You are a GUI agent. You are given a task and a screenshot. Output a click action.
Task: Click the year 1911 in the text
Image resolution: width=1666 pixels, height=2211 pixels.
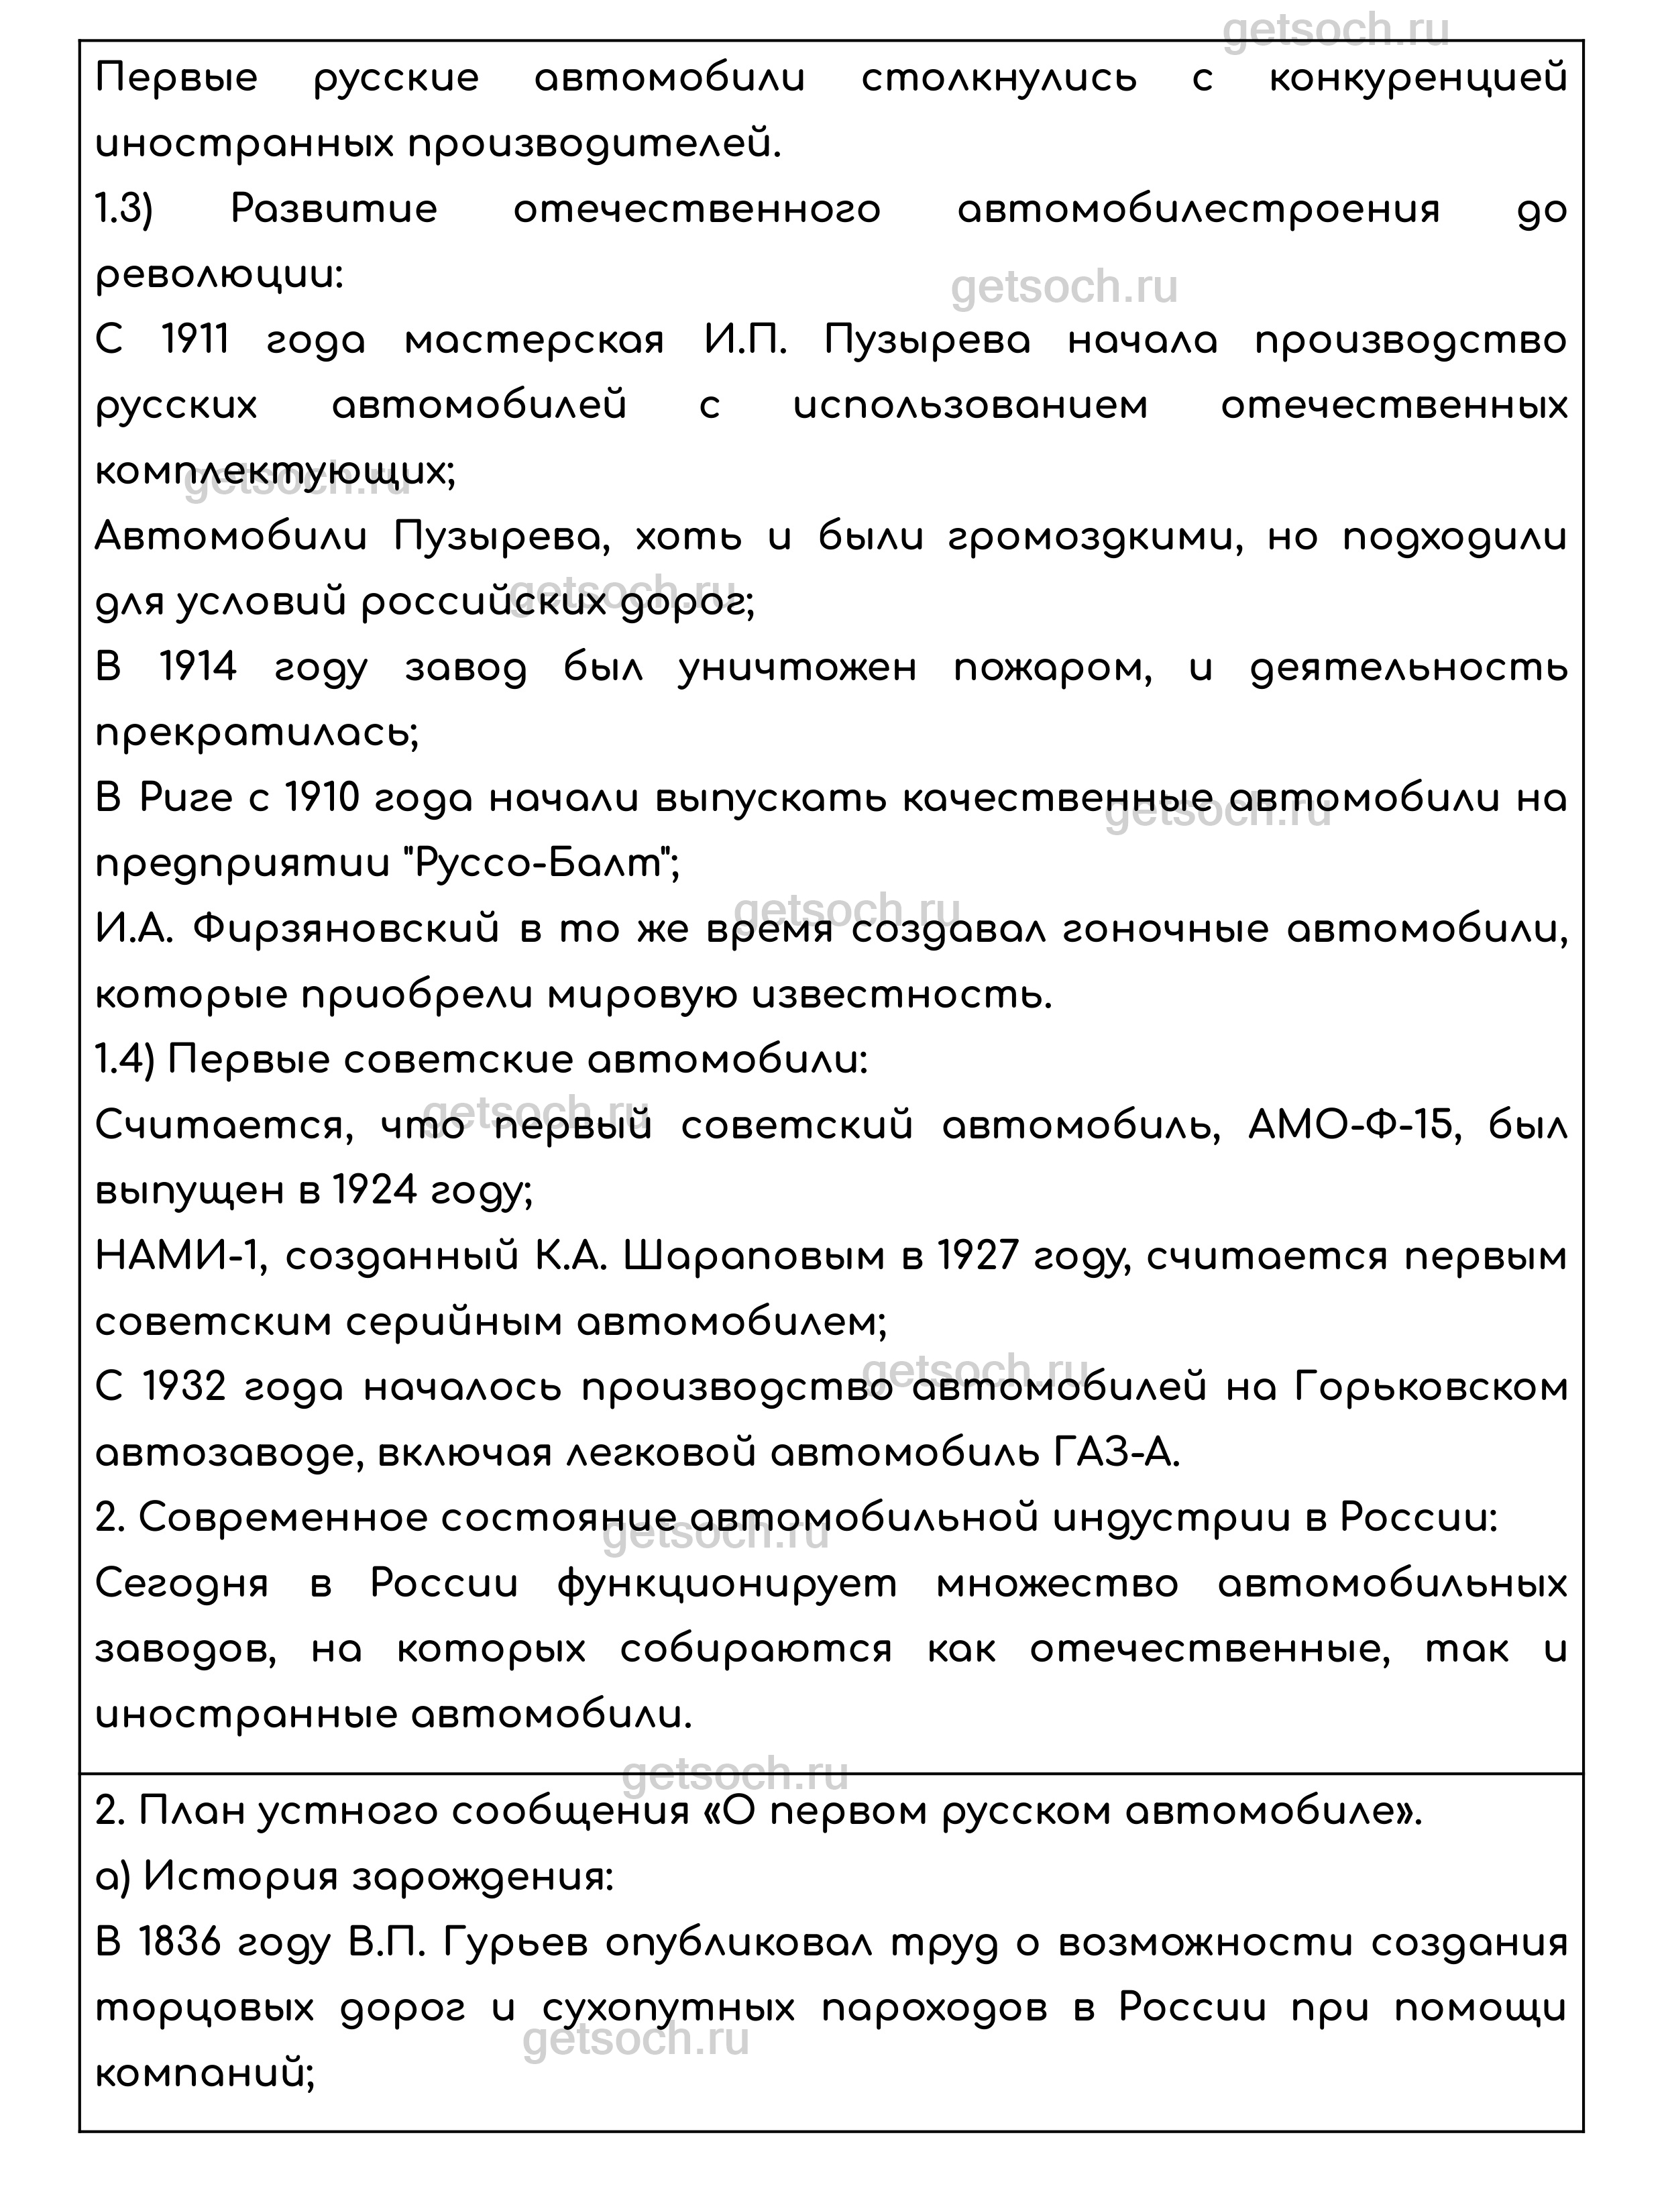196,341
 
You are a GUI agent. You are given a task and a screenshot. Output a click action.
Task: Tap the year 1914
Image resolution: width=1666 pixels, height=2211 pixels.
198,667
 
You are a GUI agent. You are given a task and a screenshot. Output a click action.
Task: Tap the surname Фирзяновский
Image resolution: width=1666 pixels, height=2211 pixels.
346,930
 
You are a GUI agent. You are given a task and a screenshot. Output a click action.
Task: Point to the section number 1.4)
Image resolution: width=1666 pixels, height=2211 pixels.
125,1059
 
